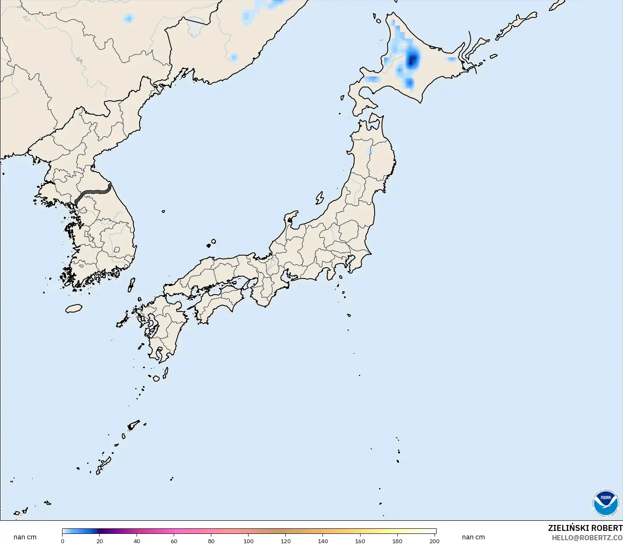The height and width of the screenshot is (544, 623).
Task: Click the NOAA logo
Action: (x=605, y=503)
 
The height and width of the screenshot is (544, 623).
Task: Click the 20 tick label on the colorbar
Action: (x=100, y=541)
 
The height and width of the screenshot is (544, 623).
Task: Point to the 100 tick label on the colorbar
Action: (x=249, y=541)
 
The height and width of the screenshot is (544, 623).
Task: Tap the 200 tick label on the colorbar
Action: (x=434, y=541)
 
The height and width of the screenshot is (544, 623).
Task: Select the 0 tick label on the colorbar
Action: (x=63, y=541)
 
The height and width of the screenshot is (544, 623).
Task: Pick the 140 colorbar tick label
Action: (x=323, y=541)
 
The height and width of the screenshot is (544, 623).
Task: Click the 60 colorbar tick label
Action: (x=174, y=541)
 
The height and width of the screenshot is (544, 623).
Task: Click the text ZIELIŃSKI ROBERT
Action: (x=585, y=528)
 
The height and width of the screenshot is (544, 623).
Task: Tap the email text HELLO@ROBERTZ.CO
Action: (x=587, y=538)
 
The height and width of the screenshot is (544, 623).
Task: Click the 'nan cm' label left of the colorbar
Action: (x=25, y=537)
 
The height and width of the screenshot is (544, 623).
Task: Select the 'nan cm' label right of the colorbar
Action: (x=473, y=537)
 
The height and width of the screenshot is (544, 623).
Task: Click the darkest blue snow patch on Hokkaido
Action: (x=412, y=60)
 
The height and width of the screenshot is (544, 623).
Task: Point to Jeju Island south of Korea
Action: (x=74, y=309)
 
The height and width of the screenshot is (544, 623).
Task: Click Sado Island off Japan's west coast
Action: (x=320, y=198)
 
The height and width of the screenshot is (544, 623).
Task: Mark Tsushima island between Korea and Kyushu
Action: (x=131, y=284)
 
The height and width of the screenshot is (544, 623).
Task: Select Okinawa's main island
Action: (x=104, y=465)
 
